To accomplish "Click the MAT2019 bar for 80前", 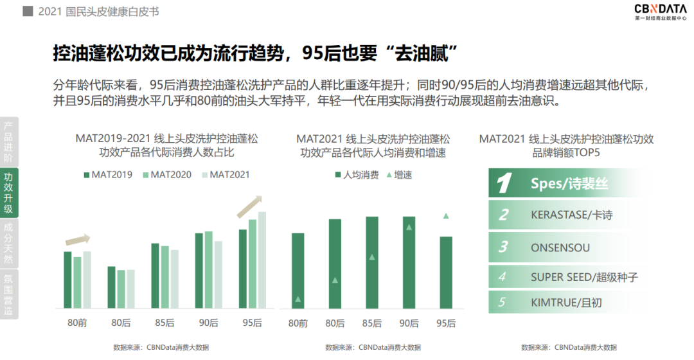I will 67,280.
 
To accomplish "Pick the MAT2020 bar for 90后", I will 208,269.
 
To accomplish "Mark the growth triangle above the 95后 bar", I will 445,216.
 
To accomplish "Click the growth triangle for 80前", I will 298,299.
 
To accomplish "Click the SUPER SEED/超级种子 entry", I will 583,277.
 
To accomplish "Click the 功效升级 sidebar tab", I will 8,193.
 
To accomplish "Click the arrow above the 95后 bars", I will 250,206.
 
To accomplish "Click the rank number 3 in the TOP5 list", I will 503,248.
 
